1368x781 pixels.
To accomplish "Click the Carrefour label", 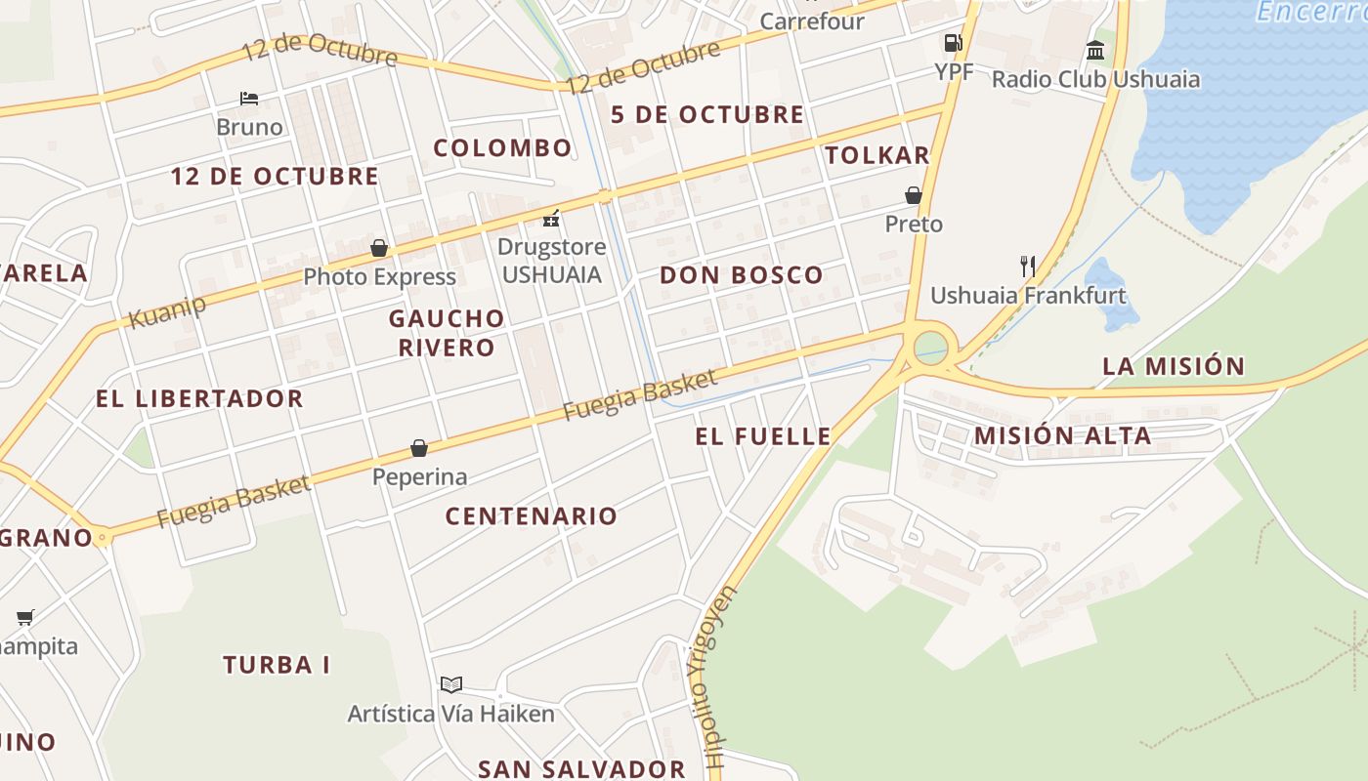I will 811,21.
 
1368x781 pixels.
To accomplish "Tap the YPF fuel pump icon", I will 953,43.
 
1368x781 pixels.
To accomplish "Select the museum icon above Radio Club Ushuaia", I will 1095,51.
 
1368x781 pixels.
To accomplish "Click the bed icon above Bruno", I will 249,99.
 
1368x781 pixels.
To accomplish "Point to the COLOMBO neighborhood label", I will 502,148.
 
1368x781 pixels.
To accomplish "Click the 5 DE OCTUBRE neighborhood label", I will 707,115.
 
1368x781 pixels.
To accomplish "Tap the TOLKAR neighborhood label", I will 876,155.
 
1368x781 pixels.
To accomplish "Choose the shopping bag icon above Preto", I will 914,195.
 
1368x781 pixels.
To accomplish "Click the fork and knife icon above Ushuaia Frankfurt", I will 1027,266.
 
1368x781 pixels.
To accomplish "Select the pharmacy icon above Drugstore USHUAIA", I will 552,218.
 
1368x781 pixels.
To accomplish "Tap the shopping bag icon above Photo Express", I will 379,248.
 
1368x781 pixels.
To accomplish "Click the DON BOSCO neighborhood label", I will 742,275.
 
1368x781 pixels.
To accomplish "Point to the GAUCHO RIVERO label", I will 447,333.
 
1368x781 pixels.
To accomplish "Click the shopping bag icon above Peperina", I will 419,448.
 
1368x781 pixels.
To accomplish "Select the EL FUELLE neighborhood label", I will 763,436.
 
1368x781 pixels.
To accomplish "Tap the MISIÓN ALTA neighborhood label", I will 1062,436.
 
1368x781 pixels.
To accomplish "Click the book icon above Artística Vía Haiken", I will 450,684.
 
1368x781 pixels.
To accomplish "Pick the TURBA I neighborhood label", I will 277,666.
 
